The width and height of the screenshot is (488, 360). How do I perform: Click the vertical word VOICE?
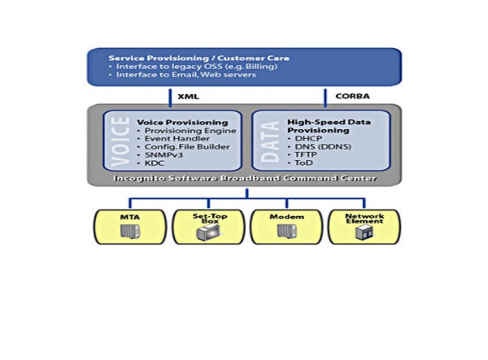coord(120,141)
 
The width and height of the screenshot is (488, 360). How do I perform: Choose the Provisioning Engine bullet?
coord(190,131)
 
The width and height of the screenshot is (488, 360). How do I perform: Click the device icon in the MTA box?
coord(127,232)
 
